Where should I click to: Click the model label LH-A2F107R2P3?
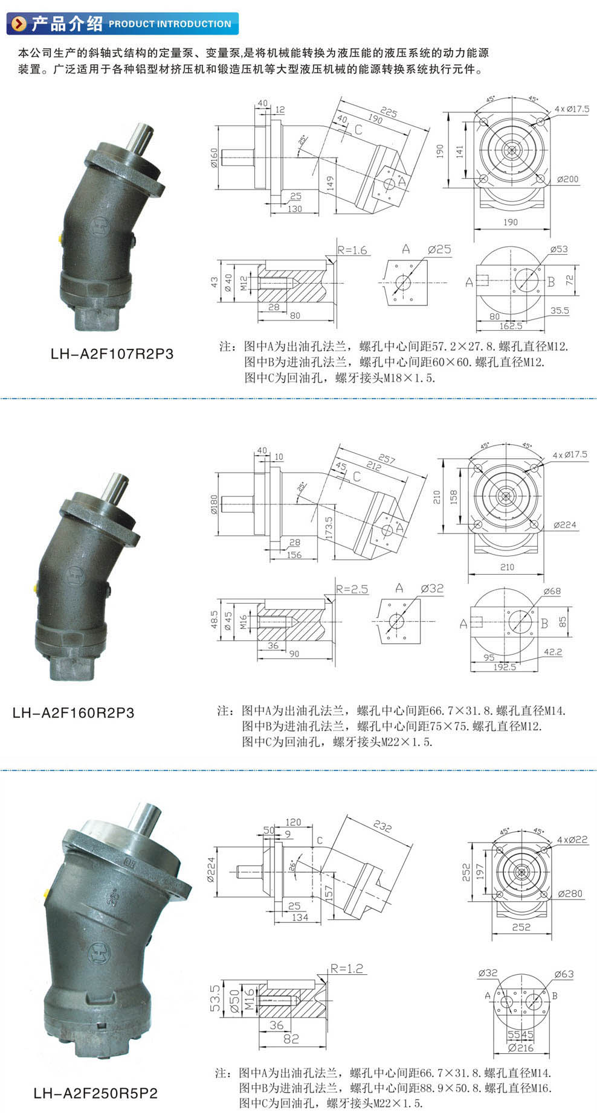click(112, 354)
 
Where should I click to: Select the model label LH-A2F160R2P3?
click(73, 712)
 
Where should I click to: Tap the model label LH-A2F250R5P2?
click(95, 1093)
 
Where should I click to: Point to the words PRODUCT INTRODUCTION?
click(170, 24)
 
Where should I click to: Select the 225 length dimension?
click(389, 113)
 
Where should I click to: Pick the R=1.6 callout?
click(352, 250)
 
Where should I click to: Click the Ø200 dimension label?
click(567, 179)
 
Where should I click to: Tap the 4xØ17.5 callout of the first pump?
click(572, 109)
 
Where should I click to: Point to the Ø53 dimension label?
click(559, 249)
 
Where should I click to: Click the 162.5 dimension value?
click(511, 326)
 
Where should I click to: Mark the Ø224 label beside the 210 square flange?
click(565, 525)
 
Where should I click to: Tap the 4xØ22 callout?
click(572, 840)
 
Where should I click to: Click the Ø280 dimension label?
click(570, 893)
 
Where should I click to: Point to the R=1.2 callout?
click(347, 969)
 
